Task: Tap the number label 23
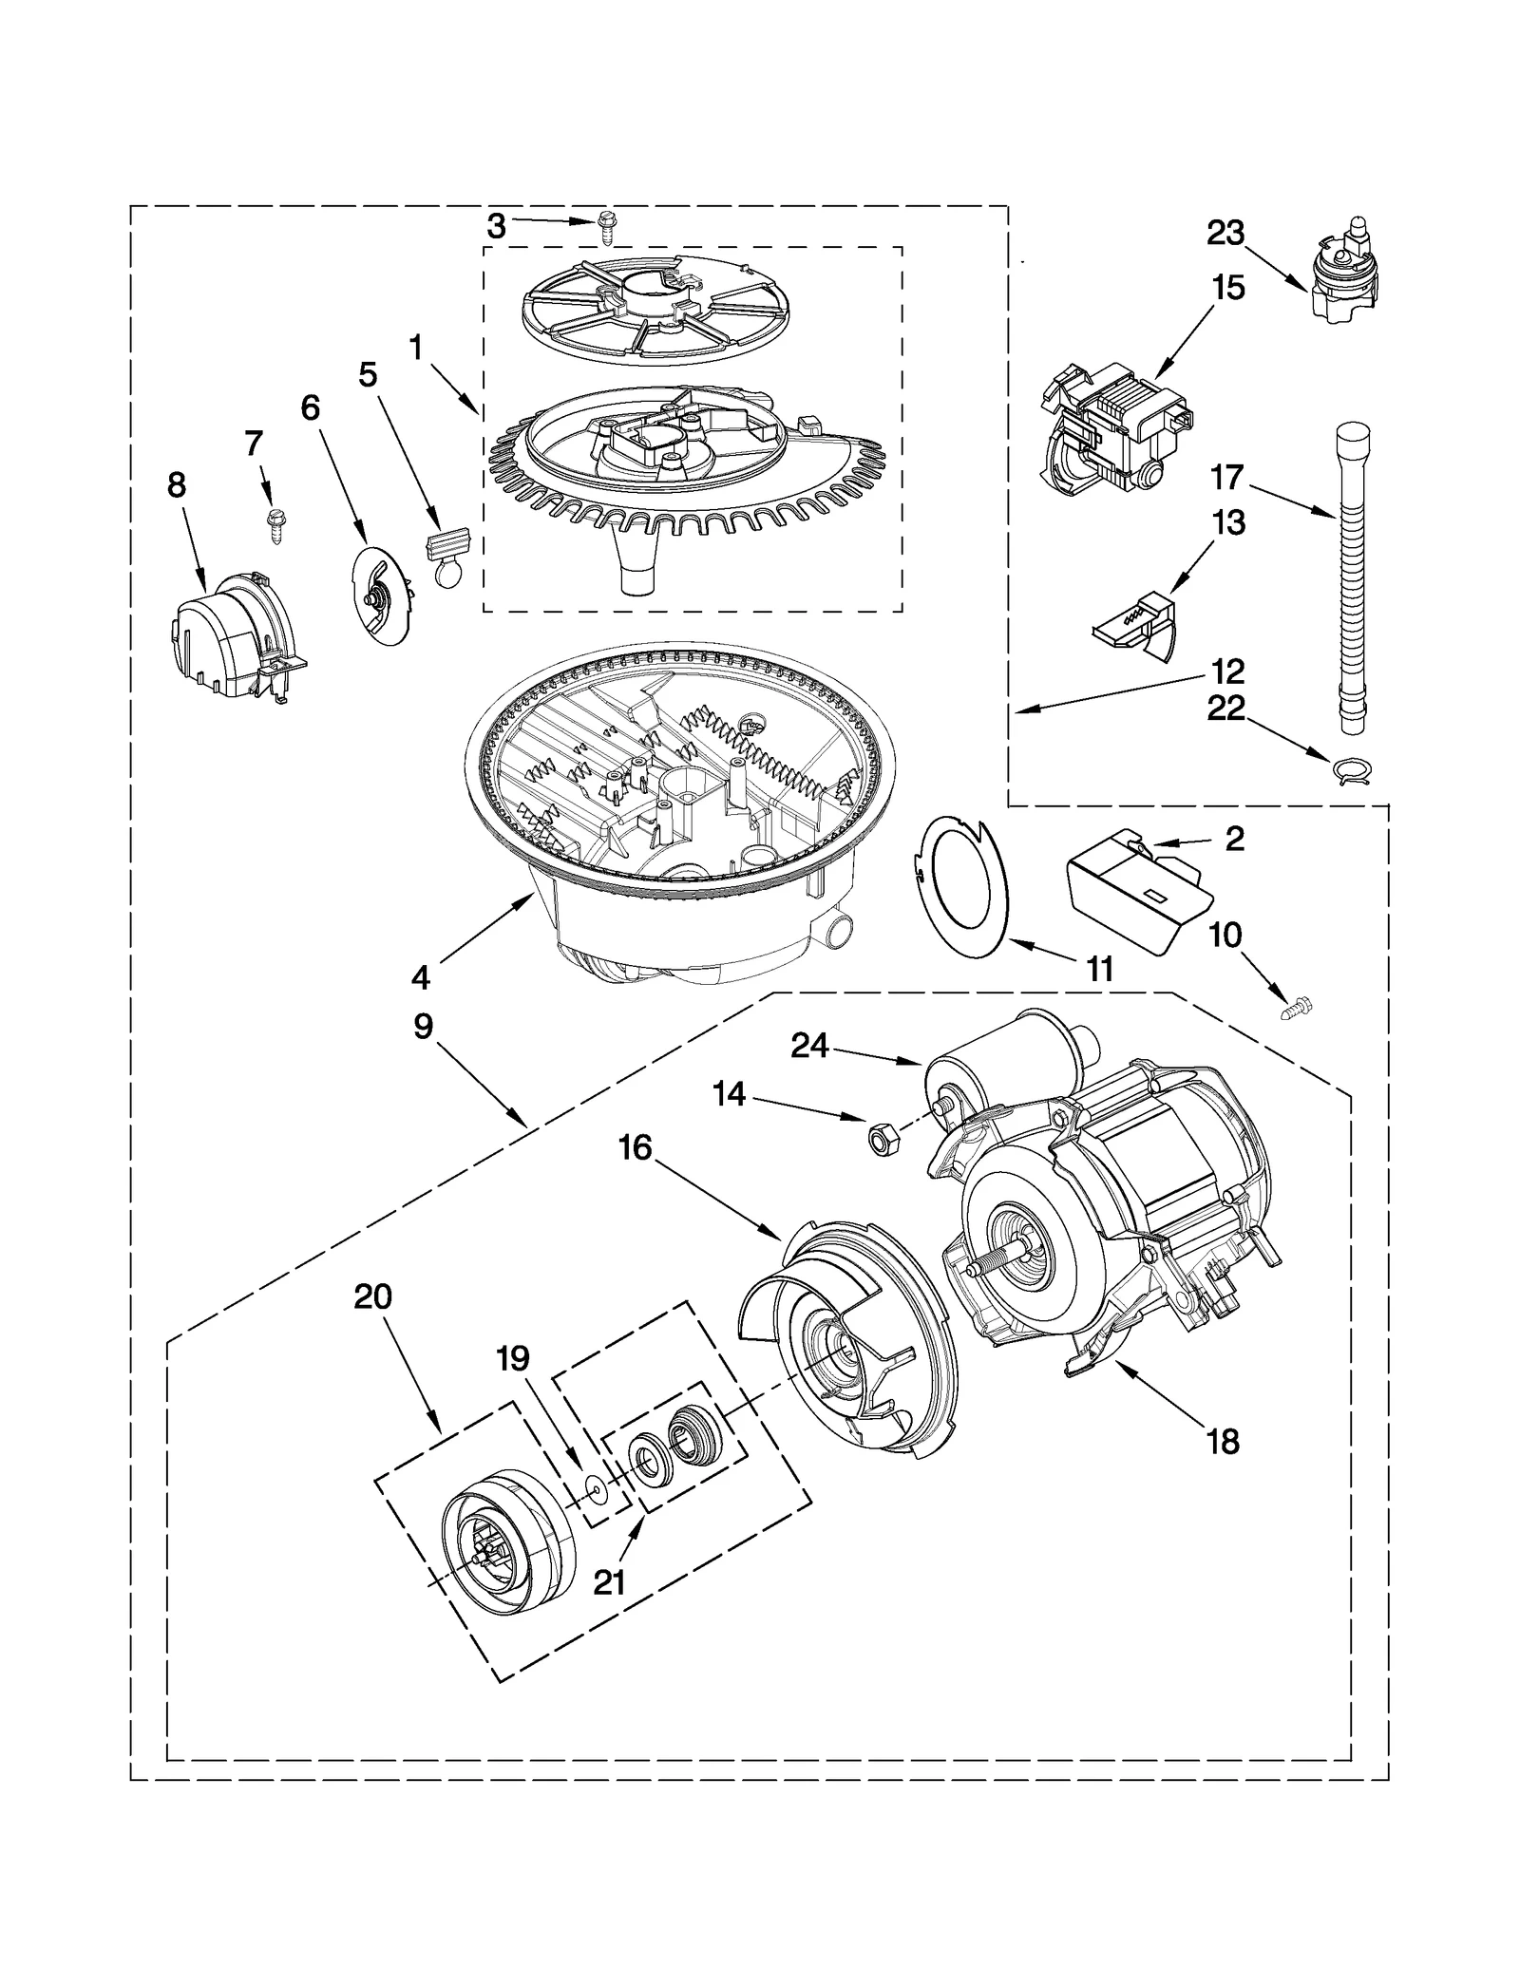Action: click(x=1225, y=233)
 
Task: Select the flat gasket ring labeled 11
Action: click(x=959, y=877)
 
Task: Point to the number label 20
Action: click(x=372, y=1296)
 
